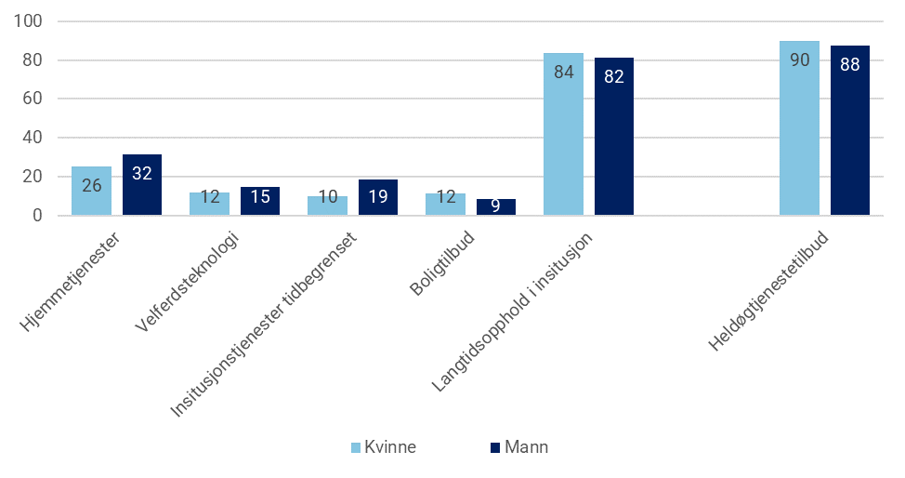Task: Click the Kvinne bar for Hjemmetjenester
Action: click(x=91, y=191)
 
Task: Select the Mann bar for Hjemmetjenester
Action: click(x=142, y=185)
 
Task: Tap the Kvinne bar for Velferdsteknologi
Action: click(x=209, y=204)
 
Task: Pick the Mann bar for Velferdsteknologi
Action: click(x=260, y=201)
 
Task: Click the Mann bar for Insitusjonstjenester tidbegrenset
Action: click(x=378, y=197)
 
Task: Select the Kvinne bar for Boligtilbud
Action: click(x=445, y=204)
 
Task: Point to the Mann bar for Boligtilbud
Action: click(x=496, y=206)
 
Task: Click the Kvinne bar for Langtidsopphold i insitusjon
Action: click(x=563, y=134)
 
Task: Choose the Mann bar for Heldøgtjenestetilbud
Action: click(x=850, y=130)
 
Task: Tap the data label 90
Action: click(x=799, y=61)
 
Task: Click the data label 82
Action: click(x=614, y=76)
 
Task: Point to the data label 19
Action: click(x=378, y=196)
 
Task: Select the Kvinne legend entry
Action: click(x=384, y=447)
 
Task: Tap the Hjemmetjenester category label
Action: click(x=76, y=280)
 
